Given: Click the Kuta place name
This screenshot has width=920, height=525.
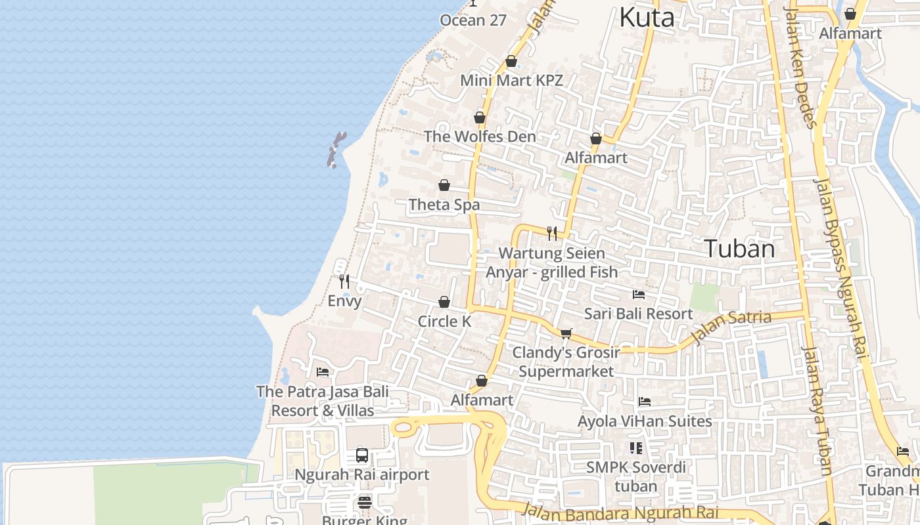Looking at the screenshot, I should (x=647, y=18).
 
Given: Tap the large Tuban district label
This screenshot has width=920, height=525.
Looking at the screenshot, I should (x=739, y=249).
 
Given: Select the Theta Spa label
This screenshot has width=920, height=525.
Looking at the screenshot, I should (x=444, y=205).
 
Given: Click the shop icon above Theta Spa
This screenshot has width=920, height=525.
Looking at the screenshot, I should (x=444, y=185).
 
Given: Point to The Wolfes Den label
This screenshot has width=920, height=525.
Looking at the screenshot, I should (x=480, y=136).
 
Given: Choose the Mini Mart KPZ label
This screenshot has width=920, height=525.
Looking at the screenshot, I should (x=511, y=81).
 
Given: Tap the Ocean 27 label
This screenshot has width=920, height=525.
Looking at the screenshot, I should (x=473, y=20).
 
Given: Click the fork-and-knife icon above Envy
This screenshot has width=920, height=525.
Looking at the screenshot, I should (x=344, y=282).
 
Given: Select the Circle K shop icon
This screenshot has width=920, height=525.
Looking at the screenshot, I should (x=444, y=302).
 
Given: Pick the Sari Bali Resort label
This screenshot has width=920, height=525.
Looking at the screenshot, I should (x=638, y=314).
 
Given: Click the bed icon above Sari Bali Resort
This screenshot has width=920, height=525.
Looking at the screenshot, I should (x=638, y=294).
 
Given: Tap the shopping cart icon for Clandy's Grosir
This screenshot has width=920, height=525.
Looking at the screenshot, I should (x=566, y=333).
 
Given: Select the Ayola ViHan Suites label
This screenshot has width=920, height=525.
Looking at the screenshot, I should (x=645, y=421).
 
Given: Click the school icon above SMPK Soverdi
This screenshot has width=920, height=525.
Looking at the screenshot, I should (x=635, y=448).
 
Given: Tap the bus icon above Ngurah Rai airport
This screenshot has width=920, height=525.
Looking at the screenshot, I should (x=361, y=455).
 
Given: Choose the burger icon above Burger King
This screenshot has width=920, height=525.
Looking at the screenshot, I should (x=365, y=503).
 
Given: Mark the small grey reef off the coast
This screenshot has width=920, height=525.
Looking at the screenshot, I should (x=336, y=150).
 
